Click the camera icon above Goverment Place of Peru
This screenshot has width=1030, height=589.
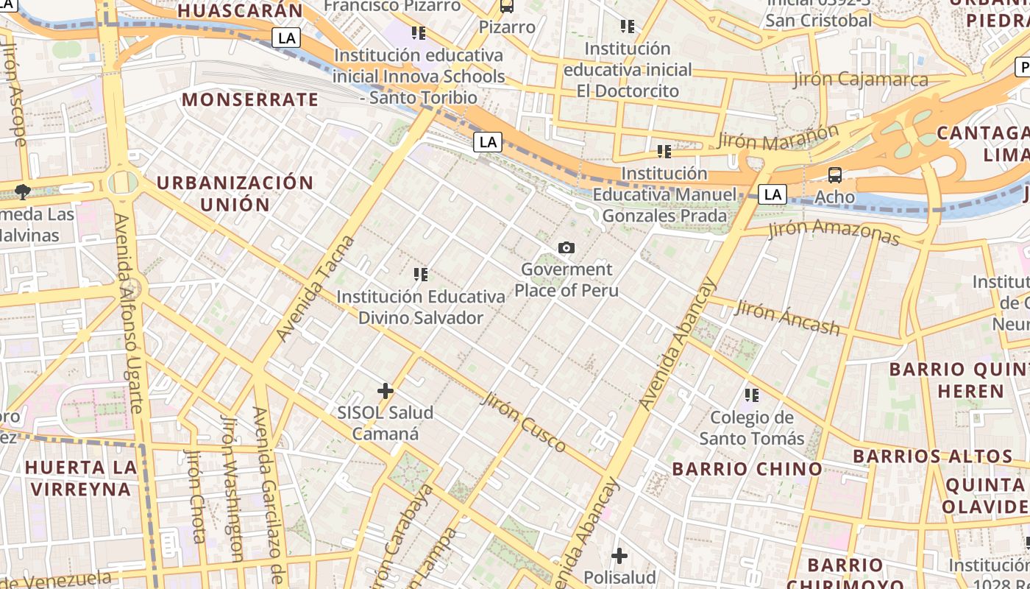point(566,248)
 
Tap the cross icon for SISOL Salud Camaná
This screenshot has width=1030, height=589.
point(385,391)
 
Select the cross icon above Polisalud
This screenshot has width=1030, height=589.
point(619,555)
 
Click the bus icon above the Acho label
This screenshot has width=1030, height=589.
point(834,175)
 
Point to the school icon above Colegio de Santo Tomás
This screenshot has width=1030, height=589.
point(751,395)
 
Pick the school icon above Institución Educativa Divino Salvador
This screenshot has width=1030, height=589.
point(420,275)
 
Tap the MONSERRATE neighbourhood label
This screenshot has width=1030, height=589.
point(250,99)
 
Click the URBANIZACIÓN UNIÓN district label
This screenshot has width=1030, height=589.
point(235,194)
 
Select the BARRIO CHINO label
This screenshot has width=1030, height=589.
point(747,469)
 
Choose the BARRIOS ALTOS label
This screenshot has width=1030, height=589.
point(933,456)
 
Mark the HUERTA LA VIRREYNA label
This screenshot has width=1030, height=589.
point(81,478)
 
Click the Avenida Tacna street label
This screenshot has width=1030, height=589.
point(316,289)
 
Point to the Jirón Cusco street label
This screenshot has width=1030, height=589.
point(523,423)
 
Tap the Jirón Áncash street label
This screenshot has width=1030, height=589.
point(786,318)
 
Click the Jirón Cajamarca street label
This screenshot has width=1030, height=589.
point(861,80)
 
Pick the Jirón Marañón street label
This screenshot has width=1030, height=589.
point(778,138)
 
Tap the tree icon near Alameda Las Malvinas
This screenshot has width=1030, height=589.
point(23,192)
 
